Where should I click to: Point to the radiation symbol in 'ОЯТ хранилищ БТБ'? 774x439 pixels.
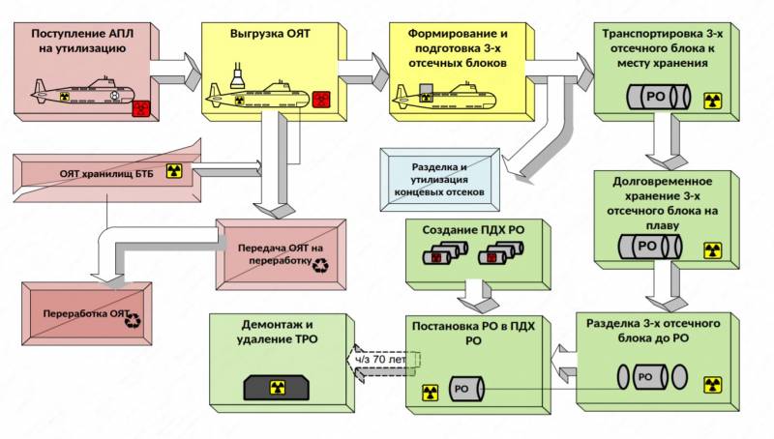[x=174, y=171]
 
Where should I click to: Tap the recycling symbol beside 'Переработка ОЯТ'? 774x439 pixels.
[x=134, y=316]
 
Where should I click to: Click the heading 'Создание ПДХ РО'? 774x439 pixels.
[x=462, y=230]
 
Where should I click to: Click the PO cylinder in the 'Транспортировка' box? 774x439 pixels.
[x=658, y=99]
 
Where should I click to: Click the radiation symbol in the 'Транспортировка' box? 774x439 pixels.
[x=712, y=101]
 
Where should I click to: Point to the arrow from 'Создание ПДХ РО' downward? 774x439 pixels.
[x=474, y=290]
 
